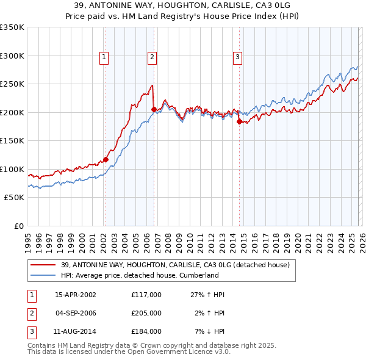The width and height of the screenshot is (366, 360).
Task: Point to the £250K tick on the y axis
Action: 12,84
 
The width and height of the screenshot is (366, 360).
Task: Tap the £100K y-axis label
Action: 12,169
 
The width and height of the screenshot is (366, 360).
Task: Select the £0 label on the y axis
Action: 19,226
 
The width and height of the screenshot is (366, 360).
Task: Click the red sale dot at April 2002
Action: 106,160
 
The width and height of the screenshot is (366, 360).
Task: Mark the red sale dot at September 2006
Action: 153,110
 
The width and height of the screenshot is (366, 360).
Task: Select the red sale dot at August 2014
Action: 239,122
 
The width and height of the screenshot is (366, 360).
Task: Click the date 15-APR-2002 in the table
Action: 76,295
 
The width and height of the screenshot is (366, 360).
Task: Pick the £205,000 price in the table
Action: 146,313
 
